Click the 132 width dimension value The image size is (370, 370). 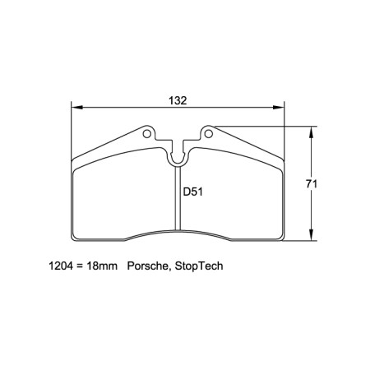tap(178, 100)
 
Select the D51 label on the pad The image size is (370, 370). tap(193, 192)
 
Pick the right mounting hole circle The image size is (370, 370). tap(209, 131)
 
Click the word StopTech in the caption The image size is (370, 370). tap(198, 267)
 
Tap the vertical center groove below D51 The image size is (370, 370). tap(178, 214)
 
